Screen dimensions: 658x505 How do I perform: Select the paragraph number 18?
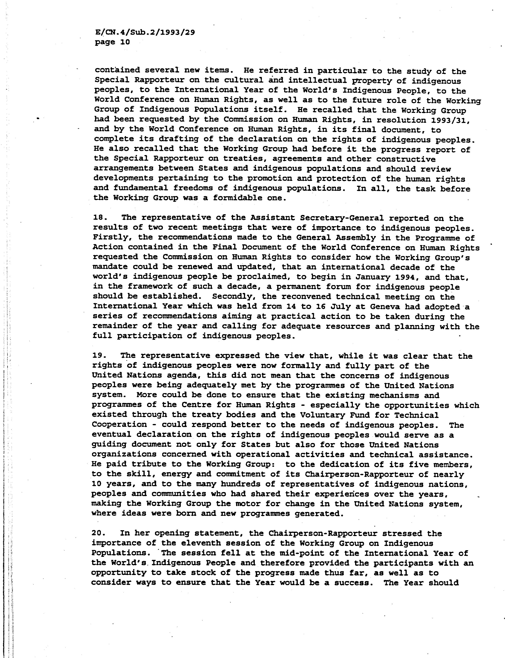(99, 217)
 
